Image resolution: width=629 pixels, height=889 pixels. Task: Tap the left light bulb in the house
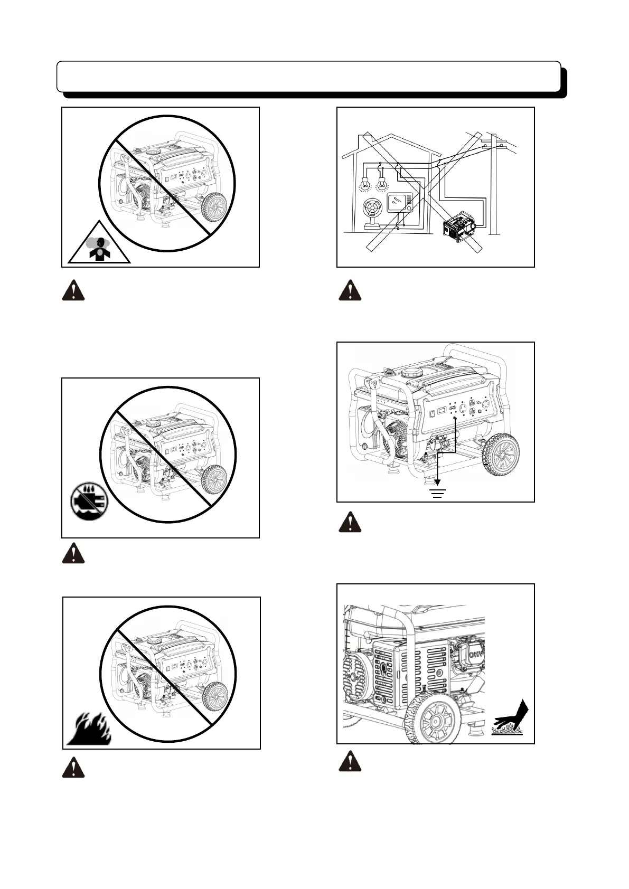(364, 185)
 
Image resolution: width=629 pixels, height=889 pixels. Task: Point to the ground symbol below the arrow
(438, 494)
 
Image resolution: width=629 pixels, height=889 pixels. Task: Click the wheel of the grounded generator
(501, 455)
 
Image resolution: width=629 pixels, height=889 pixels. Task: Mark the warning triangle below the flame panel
(73, 768)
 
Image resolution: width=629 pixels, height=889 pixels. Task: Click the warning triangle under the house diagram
(350, 291)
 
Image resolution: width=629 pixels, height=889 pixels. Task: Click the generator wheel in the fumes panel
(214, 208)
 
